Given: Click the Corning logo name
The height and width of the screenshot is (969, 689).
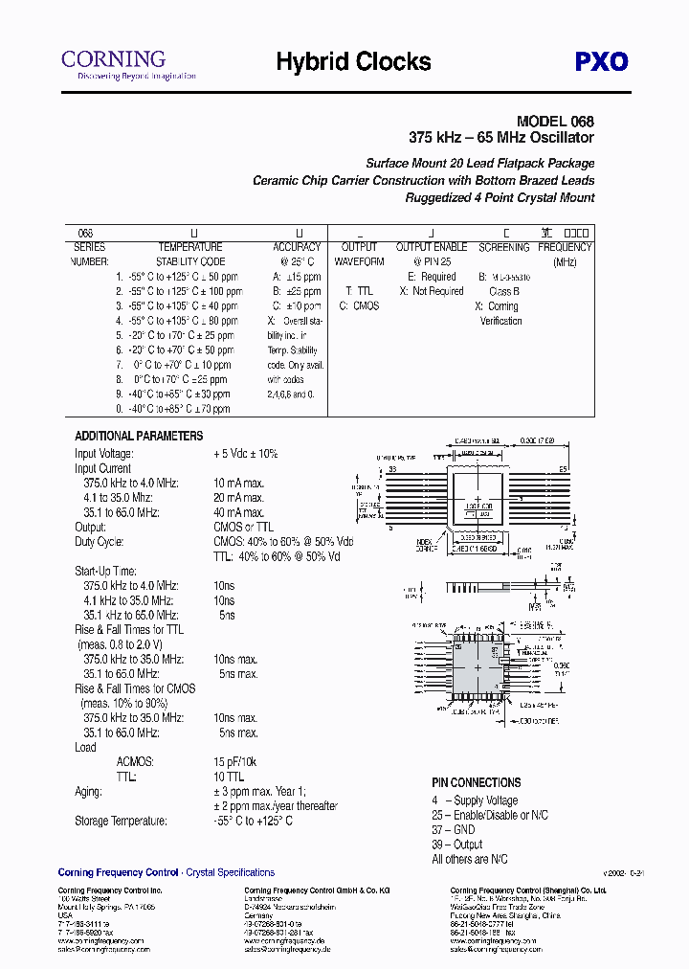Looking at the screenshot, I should (x=113, y=58).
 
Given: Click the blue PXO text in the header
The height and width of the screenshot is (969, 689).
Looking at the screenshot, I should (x=601, y=62).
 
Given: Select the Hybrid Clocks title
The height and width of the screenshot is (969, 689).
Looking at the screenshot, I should (x=353, y=62).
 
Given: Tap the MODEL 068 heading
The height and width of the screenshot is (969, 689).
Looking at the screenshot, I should (x=555, y=122).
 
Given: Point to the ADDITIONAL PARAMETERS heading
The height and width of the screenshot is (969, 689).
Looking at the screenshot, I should (x=139, y=436).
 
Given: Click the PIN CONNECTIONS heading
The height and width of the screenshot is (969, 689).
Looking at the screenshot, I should (x=476, y=782).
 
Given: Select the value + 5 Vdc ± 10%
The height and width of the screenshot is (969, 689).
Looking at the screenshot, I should (x=245, y=454).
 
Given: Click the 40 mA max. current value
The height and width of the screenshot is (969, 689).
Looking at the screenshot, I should (x=238, y=512).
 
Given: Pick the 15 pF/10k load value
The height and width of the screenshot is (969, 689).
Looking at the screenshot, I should (x=234, y=762).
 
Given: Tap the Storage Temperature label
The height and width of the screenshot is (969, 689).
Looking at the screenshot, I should (x=121, y=821).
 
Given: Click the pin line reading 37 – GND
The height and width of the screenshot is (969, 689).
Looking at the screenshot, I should (x=453, y=830).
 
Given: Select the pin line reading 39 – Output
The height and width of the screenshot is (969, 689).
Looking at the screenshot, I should (x=456, y=845).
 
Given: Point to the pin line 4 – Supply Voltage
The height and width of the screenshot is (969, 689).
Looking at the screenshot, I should (x=474, y=800).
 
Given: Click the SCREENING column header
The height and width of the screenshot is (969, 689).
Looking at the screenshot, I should (x=503, y=247).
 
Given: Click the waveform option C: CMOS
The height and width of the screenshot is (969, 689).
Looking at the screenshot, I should (x=359, y=305).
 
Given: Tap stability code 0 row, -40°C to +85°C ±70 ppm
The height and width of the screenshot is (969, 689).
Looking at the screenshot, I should (x=173, y=409).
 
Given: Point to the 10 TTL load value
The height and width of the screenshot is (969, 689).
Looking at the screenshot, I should (x=229, y=777).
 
